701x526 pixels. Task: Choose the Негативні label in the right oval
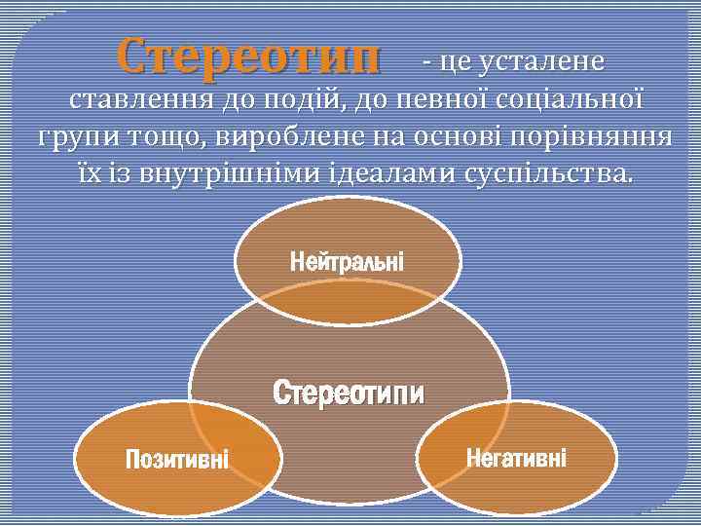tap(516, 457)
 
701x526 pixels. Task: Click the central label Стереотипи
tap(349, 394)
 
